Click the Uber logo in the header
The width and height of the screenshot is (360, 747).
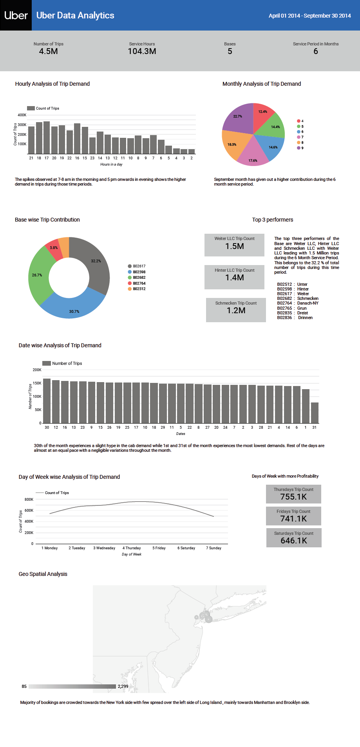click(x=16, y=15)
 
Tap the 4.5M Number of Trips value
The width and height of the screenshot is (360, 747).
click(x=48, y=51)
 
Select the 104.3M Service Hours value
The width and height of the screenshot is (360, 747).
click(x=142, y=51)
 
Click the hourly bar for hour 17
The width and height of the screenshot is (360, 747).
click(x=47, y=137)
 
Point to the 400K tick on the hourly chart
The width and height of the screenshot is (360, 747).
click(x=22, y=115)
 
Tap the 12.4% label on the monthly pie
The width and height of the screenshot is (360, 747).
click(x=262, y=112)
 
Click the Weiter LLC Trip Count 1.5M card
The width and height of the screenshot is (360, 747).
click(x=234, y=245)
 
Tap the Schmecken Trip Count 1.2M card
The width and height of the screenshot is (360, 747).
click(x=236, y=310)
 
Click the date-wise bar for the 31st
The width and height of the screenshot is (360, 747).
click(x=315, y=413)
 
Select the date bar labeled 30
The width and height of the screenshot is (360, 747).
click(x=47, y=401)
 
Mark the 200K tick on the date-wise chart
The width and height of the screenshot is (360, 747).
click(x=37, y=370)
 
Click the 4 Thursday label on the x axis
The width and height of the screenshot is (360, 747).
click(x=132, y=548)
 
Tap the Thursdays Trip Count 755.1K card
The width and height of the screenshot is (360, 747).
click(x=293, y=494)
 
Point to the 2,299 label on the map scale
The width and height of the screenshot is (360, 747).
click(x=123, y=686)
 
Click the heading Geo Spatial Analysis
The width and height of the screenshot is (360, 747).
click(x=43, y=574)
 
